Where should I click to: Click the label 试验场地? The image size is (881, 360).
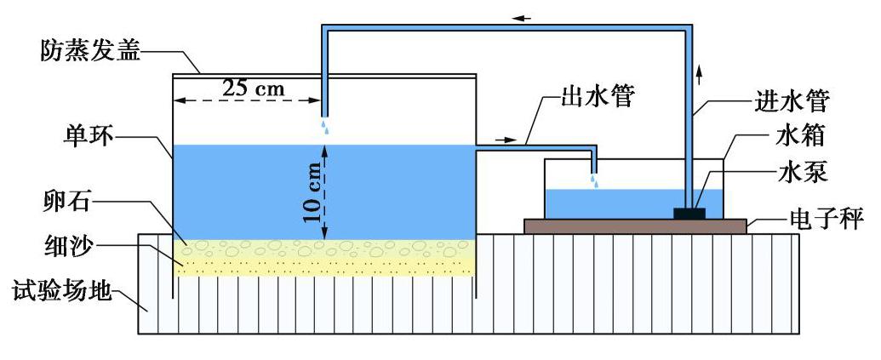click(62, 292)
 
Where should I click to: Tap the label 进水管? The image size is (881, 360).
click(792, 101)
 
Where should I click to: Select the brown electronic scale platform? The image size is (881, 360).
click(635, 225)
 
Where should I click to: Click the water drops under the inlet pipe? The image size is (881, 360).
click(324, 127)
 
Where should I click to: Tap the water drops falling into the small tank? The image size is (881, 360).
click(595, 181)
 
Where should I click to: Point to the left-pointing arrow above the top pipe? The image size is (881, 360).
click(522, 17)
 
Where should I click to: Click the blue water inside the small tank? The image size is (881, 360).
click(613, 203)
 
